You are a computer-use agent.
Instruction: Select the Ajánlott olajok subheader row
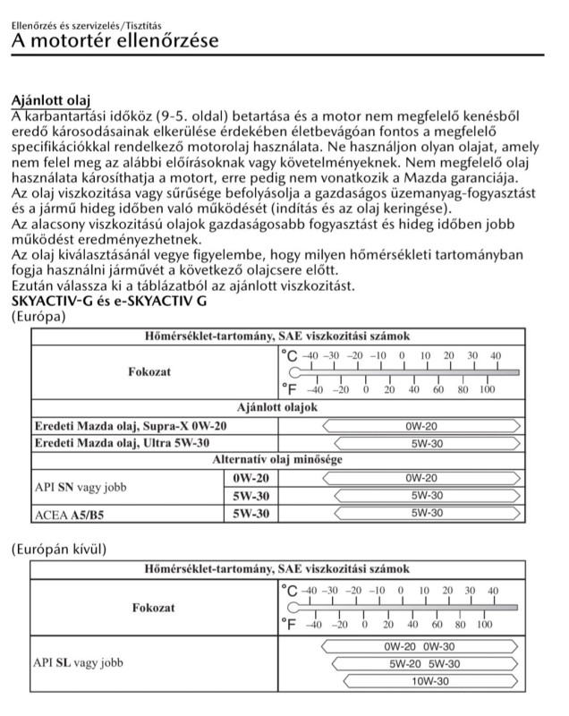coord(277,408)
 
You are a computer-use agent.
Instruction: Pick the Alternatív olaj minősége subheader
coord(277,459)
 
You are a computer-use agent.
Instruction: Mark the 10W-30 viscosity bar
coord(424,681)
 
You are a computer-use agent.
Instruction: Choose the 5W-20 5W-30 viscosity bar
coord(424,663)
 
